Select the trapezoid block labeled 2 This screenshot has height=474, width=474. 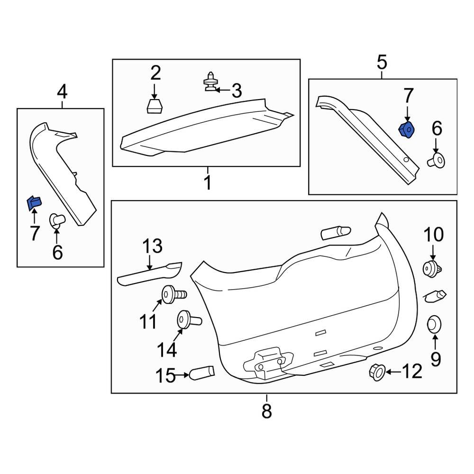tap(154, 106)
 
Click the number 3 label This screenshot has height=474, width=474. tap(236, 90)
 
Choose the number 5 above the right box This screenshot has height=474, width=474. tap(382, 62)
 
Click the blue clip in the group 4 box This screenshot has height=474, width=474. tap(34, 203)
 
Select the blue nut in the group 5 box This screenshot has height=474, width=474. tap(406, 129)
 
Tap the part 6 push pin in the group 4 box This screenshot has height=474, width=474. tap(57, 221)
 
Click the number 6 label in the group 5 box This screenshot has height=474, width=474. tap(437, 128)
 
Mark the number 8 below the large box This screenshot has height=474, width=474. tap(266, 410)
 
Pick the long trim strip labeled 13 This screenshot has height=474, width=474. tap(149, 273)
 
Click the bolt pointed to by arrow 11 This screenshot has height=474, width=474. tap(173, 294)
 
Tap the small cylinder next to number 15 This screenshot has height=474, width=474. tap(201, 373)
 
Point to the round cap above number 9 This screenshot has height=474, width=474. tap(434, 325)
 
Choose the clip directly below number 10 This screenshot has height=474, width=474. tap(432, 269)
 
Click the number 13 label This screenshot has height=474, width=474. tap(153, 247)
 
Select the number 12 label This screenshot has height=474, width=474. tap(411, 372)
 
